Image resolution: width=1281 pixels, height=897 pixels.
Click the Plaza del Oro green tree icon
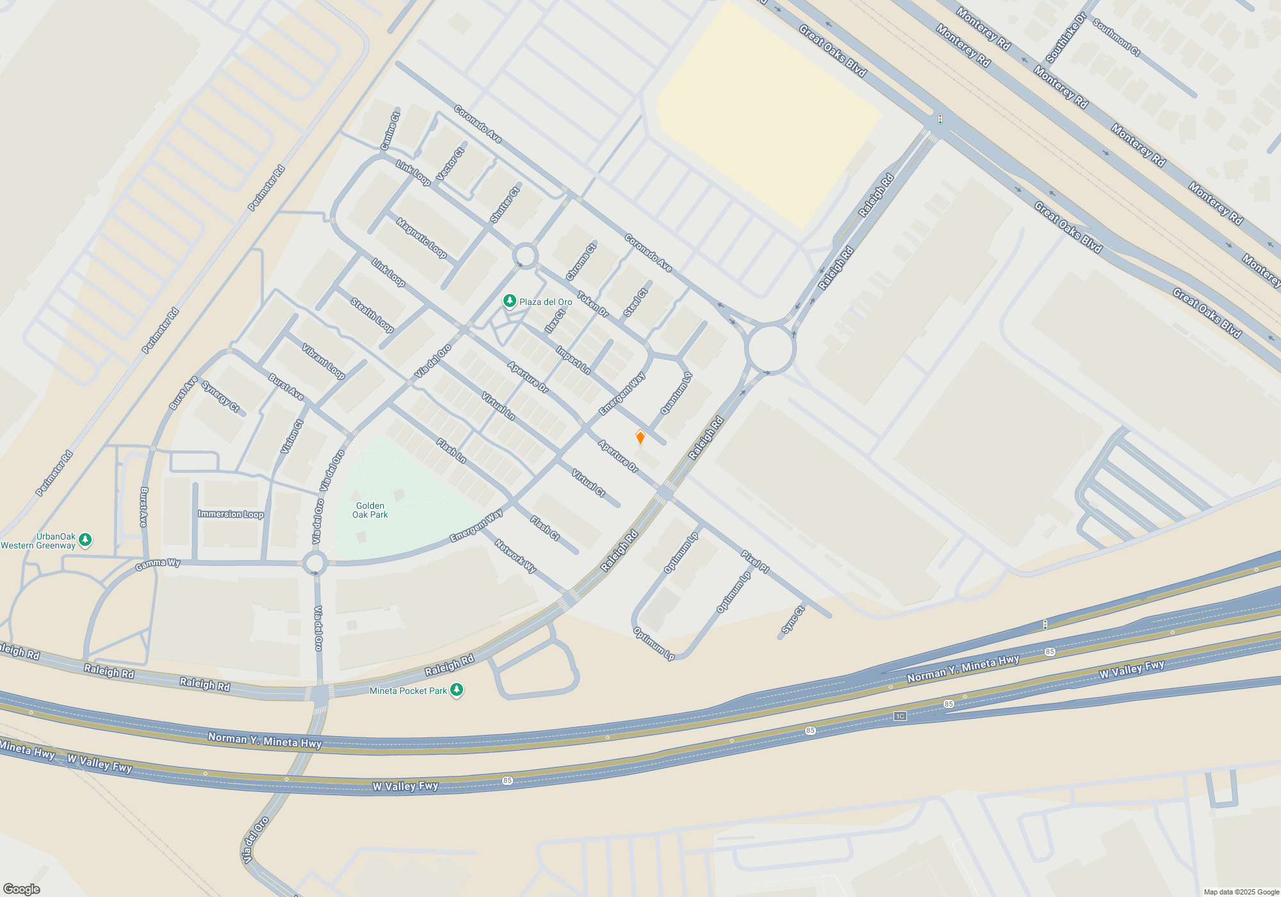509,300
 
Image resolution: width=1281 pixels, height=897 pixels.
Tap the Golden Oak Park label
370,510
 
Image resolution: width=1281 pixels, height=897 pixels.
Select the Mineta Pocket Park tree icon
457,690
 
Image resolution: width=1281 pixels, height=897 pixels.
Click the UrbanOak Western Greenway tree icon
85,540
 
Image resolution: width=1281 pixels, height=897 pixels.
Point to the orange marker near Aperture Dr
640,438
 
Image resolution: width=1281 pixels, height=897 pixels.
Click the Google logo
22,889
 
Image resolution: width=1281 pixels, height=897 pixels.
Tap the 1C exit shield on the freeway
900,716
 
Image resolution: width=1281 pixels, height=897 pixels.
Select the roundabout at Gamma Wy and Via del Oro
314,564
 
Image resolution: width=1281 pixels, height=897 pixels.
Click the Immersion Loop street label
231,514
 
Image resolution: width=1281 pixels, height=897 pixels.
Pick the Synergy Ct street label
220,397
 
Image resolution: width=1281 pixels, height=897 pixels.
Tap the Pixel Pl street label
755,561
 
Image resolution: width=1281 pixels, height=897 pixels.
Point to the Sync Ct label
792,620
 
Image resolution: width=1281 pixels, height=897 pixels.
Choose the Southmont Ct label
1116,38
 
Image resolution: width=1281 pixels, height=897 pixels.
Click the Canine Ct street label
390,131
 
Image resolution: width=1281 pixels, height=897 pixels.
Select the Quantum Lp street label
676,393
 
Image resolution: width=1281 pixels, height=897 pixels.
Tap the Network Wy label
515,555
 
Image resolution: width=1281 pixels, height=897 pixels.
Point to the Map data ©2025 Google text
1241,892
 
